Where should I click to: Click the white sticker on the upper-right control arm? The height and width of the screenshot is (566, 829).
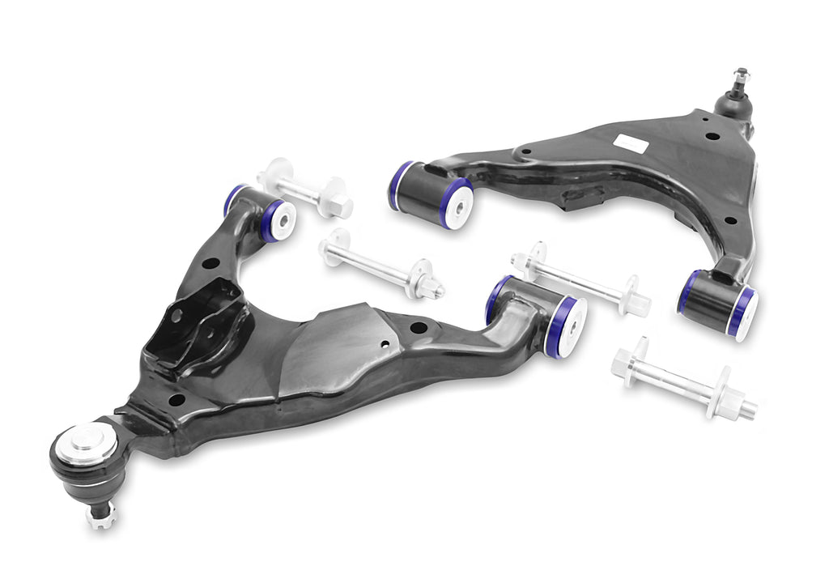[x=630, y=143]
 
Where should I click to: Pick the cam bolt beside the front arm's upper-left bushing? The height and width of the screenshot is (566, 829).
[x=304, y=188]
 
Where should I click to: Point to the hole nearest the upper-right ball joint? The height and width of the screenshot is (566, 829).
[x=712, y=135]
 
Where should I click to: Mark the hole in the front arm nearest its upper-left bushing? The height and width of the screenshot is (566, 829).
[x=209, y=263]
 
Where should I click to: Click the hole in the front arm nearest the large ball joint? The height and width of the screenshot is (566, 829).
[x=175, y=399]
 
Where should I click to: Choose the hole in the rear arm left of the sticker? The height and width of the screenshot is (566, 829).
[x=525, y=151]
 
